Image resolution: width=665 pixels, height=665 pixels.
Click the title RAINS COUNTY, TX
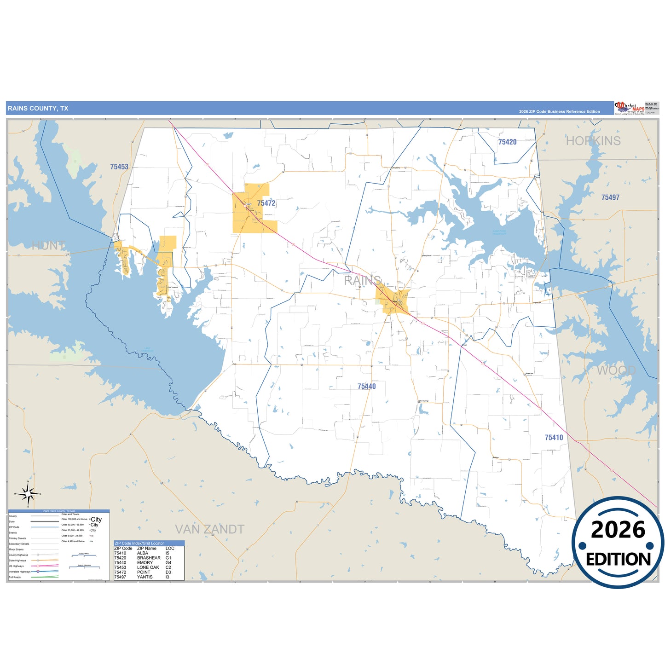coord(38,109)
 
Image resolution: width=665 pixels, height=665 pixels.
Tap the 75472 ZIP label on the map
coord(266,203)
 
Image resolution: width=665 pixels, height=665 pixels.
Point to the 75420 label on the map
coord(507,142)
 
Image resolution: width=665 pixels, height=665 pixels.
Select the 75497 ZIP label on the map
coord(610,197)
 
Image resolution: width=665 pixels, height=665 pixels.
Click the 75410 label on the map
coord(554,438)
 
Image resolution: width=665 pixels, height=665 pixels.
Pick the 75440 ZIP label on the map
coord(366,387)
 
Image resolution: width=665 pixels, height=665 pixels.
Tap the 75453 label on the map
coord(119,167)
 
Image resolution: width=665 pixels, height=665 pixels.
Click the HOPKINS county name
coord(593,141)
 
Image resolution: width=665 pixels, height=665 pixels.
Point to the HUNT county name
coord(48,246)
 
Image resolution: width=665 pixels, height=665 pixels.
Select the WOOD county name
coord(616,370)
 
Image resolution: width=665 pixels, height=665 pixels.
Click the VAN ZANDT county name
coord(209,529)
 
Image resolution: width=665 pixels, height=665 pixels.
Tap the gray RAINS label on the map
coord(362,280)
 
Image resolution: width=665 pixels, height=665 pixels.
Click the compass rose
coord(29,494)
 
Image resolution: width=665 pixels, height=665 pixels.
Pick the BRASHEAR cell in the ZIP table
coord(149,558)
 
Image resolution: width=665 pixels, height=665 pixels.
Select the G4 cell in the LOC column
coord(168,562)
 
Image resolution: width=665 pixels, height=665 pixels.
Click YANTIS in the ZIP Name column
coord(145,577)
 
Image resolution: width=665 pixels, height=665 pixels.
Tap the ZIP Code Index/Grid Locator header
coord(139,544)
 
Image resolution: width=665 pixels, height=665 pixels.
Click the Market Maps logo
coord(629,108)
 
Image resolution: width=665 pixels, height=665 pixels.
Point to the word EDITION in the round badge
coord(618,559)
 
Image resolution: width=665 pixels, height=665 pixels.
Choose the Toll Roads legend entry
coord(15,577)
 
